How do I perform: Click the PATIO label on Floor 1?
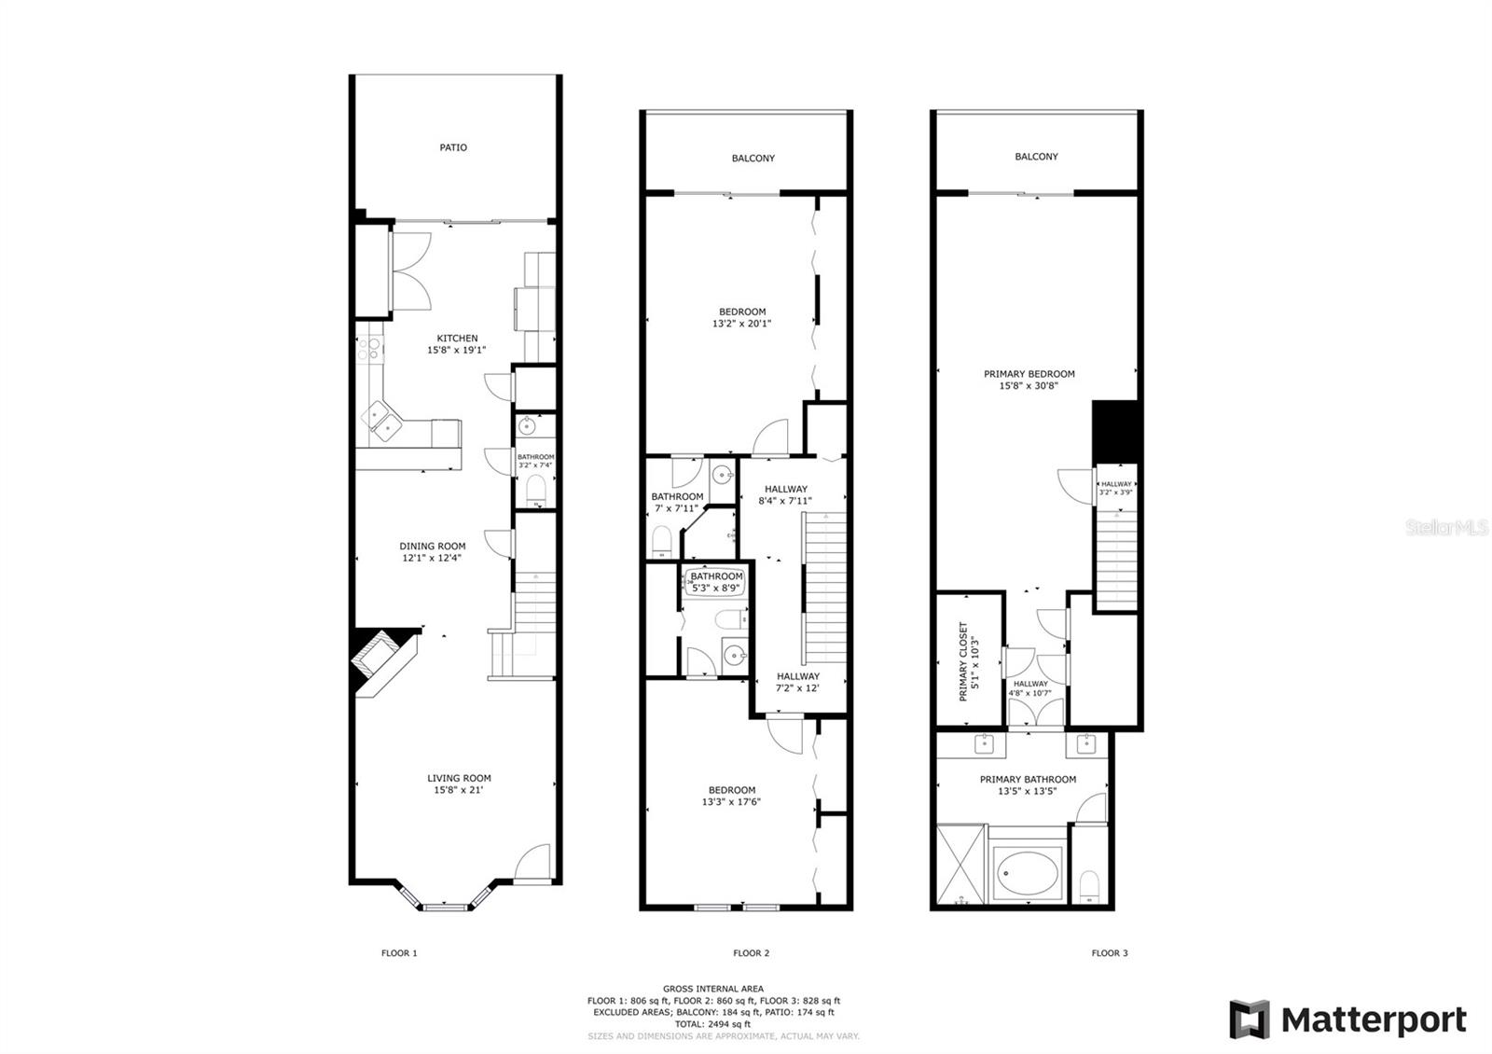[453, 147]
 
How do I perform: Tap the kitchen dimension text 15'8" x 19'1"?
[457, 350]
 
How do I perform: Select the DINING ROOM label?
[433, 546]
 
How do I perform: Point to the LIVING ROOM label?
[459, 778]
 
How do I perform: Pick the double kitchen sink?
[381, 421]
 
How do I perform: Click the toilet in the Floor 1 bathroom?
[535, 491]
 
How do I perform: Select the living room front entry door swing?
[532, 864]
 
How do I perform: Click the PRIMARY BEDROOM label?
[1029, 374]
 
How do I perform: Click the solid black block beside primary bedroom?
[1115, 431]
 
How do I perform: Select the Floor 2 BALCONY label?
[753, 158]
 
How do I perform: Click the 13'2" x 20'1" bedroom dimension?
[741, 323]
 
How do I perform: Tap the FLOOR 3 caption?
[1110, 952]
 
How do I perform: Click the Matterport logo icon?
[1250, 1019]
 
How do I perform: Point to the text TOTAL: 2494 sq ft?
[712, 1024]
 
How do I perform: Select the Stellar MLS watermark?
[1446, 527]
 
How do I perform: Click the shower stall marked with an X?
[960, 864]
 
